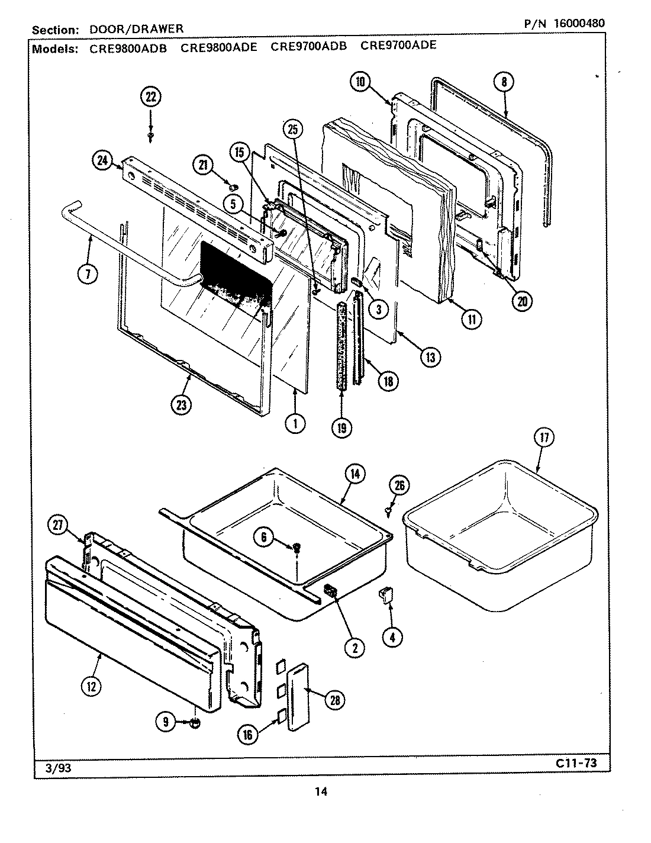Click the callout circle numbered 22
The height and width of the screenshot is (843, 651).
point(150,97)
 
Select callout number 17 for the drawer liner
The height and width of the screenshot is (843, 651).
point(544,438)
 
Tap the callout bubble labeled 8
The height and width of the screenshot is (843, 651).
point(504,82)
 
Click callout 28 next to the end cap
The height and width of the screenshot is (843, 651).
point(334,700)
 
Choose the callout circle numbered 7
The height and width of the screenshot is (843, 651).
point(87,274)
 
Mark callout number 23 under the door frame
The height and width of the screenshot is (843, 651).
point(181,405)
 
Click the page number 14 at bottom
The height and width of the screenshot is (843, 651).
point(321,791)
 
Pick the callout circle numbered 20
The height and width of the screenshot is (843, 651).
point(521,301)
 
